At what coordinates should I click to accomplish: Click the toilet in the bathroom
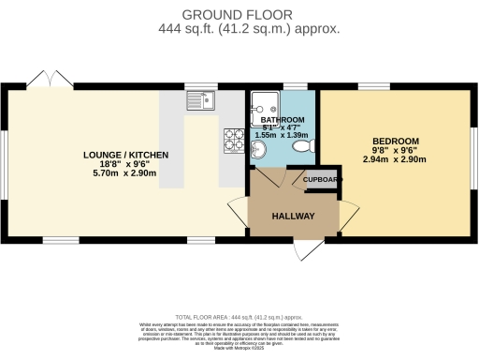tap(302, 146)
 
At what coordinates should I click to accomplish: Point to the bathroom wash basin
tap(259, 151)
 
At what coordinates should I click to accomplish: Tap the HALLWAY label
tap(293, 217)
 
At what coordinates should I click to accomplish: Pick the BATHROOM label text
tap(283, 120)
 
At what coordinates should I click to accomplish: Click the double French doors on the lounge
tap(49, 80)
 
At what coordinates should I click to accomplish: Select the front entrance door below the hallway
tap(305, 248)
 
